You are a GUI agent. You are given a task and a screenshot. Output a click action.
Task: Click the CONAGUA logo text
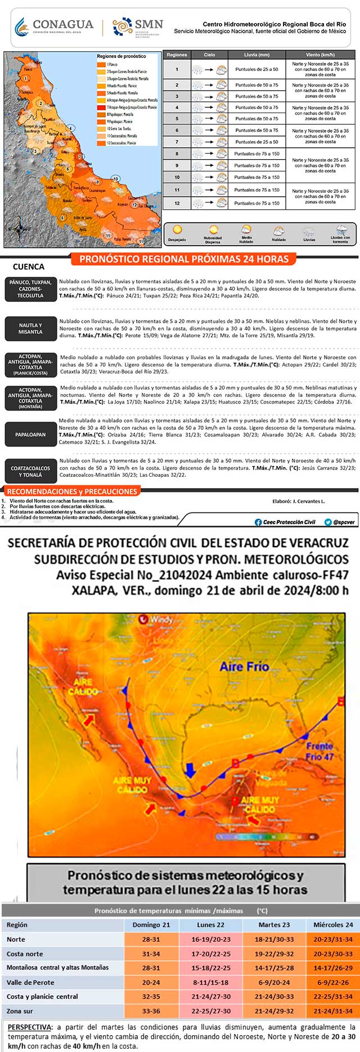click(62, 24)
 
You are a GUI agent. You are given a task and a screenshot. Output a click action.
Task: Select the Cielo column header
click(209, 55)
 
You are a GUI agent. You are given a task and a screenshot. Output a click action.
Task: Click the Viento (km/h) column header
click(320, 55)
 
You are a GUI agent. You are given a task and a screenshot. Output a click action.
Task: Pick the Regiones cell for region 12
click(177, 203)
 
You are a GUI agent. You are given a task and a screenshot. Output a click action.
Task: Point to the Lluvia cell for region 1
click(256, 69)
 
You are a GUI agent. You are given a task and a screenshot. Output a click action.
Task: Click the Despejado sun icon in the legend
click(177, 229)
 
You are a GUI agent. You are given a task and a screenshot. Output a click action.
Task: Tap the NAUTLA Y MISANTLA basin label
click(30, 328)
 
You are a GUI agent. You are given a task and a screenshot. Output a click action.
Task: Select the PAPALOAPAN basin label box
click(30, 434)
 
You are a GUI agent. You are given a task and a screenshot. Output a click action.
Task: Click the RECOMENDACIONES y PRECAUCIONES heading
click(72, 491)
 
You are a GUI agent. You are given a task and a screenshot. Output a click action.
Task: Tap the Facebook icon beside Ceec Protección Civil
click(258, 522)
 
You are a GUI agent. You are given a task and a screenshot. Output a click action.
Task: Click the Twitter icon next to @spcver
click(328, 522)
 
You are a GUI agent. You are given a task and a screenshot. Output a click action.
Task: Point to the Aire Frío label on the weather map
click(244, 666)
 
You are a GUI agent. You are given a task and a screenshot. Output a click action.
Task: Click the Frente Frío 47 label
click(319, 751)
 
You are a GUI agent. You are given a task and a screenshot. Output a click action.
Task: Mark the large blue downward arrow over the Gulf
click(191, 769)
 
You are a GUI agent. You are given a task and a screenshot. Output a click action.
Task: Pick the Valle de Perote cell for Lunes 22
click(210, 982)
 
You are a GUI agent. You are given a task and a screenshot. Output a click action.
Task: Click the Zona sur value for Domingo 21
click(151, 1010)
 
